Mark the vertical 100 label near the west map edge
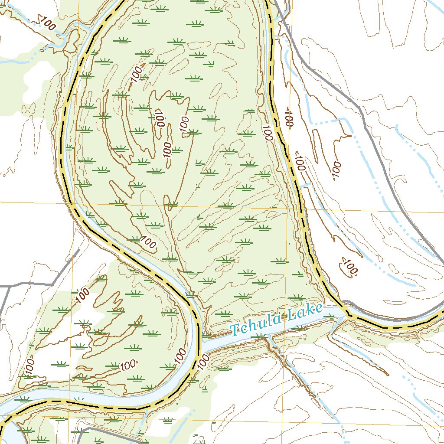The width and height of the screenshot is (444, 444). tap(29, 366)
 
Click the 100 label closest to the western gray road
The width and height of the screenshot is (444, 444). tap(83, 295)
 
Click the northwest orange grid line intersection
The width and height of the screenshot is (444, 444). tap(74, 202)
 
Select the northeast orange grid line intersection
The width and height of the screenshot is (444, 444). tap(287, 209)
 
